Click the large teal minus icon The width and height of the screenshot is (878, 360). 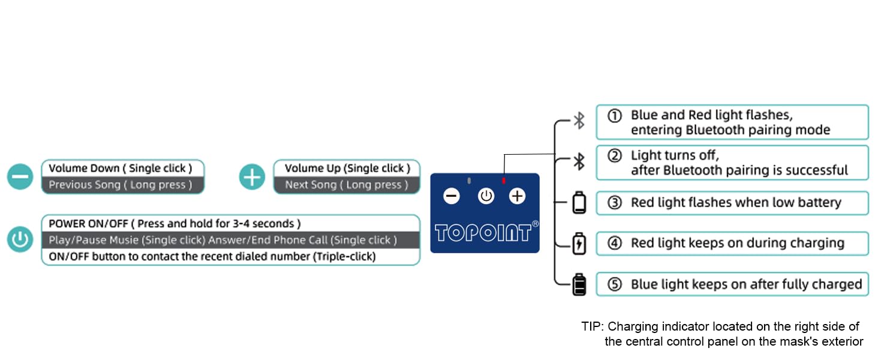click(x=20, y=176)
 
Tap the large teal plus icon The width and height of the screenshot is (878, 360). click(x=252, y=176)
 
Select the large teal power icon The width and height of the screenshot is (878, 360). click(x=20, y=239)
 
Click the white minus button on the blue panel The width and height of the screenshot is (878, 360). click(x=452, y=196)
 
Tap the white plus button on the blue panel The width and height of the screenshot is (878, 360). click(x=517, y=196)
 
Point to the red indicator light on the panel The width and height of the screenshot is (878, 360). click(x=504, y=181)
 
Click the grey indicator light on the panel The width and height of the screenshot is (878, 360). click(x=469, y=181)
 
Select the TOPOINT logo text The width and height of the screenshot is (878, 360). click(x=483, y=233)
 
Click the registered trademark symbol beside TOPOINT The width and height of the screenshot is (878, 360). click(x=536, y=224)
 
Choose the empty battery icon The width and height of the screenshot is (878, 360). click(x=579, y=202)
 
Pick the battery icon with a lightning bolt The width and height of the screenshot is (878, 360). click(x=579, y=244)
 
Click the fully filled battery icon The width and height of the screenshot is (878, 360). click(x=579, y=284)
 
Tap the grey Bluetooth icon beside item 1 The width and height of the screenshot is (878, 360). click(x=579, y=121)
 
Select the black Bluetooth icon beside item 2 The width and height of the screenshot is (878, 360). click(x=579, y=161)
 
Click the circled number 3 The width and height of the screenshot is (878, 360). click(x=615, y=203)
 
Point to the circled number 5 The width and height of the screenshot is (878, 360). click(x=615, y=284)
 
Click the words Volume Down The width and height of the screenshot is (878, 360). click(x=84, y=168)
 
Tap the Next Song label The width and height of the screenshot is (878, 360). click(x=311, y=185)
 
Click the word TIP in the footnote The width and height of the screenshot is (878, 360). click(x=592, y=326)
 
